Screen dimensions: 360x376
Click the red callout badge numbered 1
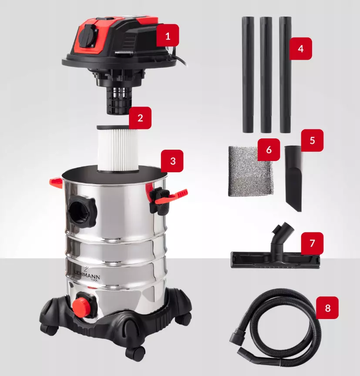click(x=168, y=36)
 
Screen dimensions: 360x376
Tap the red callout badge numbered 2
click(x=140, y=118)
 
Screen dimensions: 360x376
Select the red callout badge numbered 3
click(x=172, y=161)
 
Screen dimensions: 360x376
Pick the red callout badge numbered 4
click(x=300, y=48)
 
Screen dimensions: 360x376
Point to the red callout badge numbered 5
click(x=312, y=140)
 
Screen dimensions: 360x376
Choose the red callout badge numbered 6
click(x=269, y=150)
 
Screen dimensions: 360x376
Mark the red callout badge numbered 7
click(x=312, y=243)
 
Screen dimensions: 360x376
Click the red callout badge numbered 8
click(x=327, y=308)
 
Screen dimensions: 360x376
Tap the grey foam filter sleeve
click(x=250, y=171)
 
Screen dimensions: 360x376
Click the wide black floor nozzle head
click(x=275, y=260)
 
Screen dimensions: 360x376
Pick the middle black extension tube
click(x=266, y=74)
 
